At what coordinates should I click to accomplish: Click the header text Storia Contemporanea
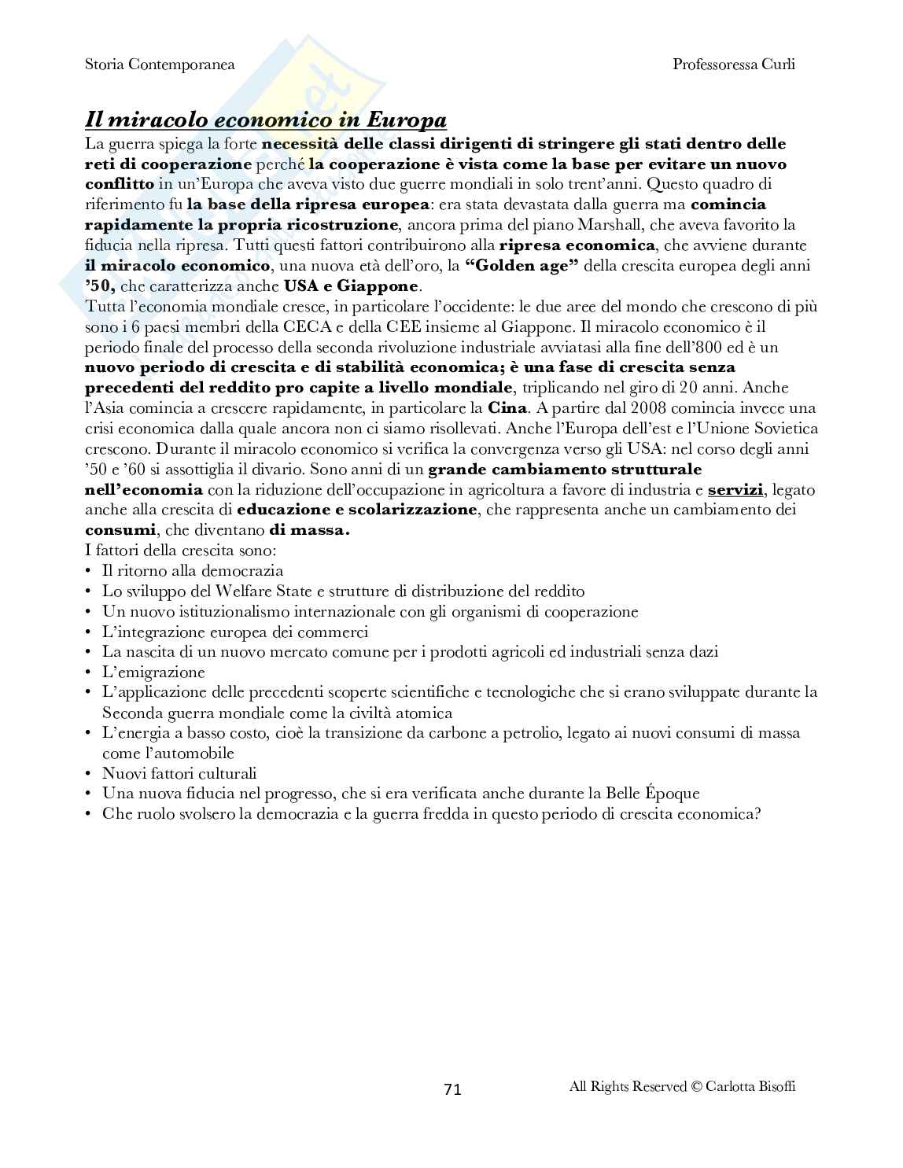click(x=160, y=64)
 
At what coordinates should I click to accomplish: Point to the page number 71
click(x=452, y=1089)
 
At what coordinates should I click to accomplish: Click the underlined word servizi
click(x=735, y=489)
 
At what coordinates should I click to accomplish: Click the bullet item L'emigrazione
click(x=153, y=672)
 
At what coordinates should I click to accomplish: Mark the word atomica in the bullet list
click(x=425, y=713)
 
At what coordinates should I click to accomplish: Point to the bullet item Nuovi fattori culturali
click(x=179, y=774)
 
